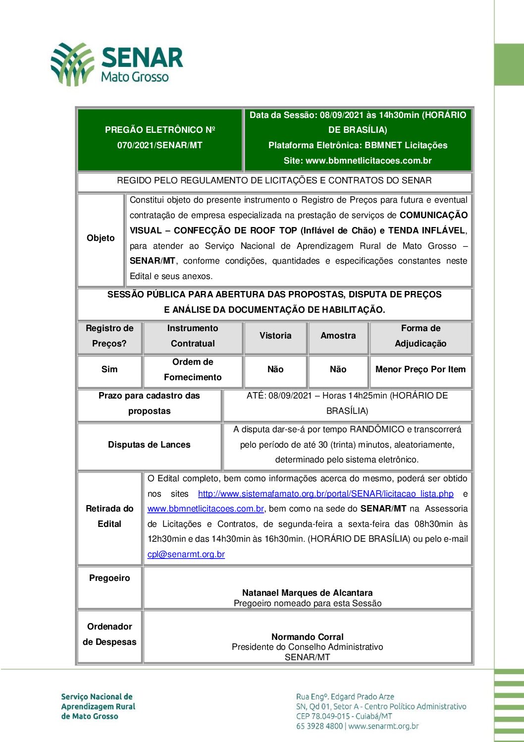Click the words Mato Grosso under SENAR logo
pyautogui.click(x=135, y=77)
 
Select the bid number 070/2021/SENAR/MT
pyautogui.click(x=159, y=145)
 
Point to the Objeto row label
pyautogui.click(x=101, y=238)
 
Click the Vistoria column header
pyautogui.click(x=275, y=336)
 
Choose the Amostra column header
pyautogui.click(x=338, y=336)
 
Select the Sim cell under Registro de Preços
pyautogui.click(x=109, y=369)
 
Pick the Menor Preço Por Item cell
pyautogui.click(x=420, y=369)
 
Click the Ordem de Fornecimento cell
pyautogui.click(x=193, y=370)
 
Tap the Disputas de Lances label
pyautogui.click(x=149, y=445)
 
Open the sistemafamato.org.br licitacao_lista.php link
pyautogui.click(x=325, y=494)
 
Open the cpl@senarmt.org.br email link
pyautogui.click(x=186, y=554)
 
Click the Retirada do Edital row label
pyautogui.click(x=109, y=516)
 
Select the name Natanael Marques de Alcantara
pyautogui.click(x=307, y=593)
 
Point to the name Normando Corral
pyautogui.click(x=307, y=637)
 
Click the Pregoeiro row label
pyautogui.click(x=109, y=578)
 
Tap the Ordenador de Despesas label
pyautogui.click(x=109, y=634)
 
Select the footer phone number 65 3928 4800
pyautogui.click(x=319, y=726)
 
